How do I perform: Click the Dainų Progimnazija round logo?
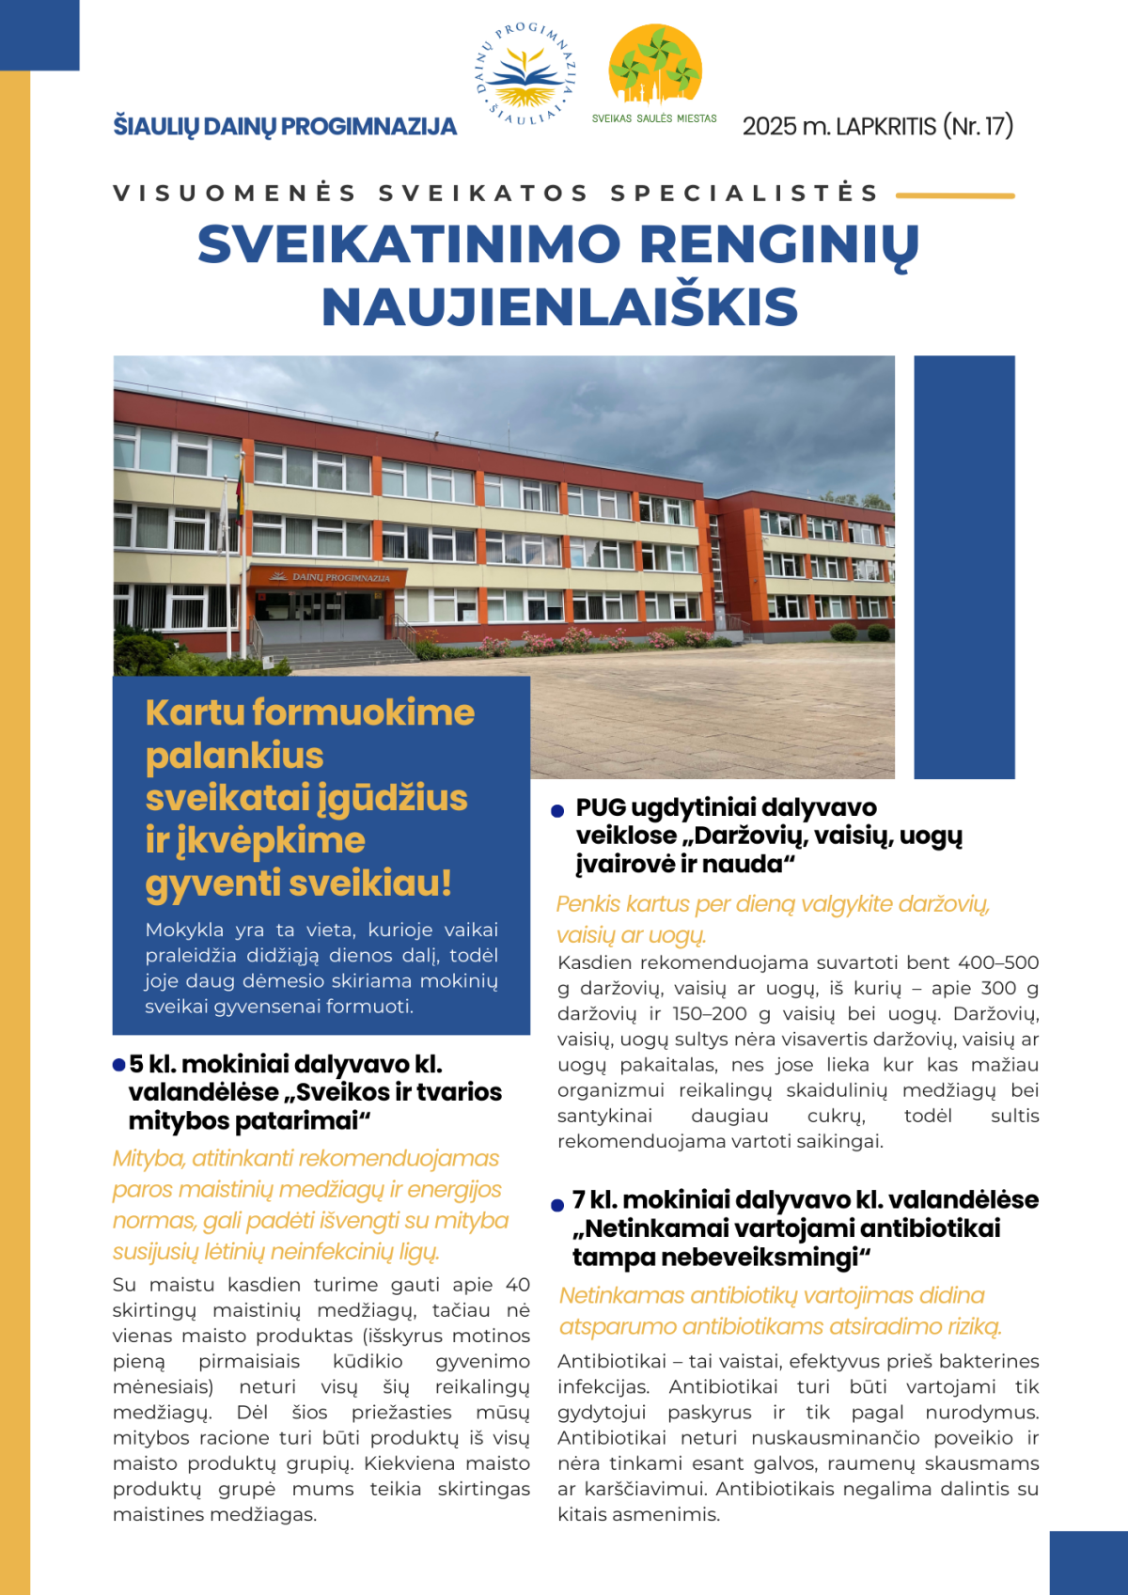coord(525,72)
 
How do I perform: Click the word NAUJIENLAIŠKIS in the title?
coord(559,307)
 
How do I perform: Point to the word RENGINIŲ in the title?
coord(779,244)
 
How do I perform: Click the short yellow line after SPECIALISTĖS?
coord(955,195)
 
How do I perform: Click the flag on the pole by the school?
coord(240,489)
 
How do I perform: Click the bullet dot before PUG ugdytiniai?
coord(557,810)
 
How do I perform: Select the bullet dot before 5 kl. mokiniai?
coord(119,1065)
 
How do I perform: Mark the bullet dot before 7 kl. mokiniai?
coord(557,1204)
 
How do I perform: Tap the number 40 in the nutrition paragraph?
coord(518,1285)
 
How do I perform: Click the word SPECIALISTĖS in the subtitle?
coord(744,193)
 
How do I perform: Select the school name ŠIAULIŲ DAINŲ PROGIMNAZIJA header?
coord(285,126)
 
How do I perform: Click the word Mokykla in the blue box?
coord(184,930)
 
